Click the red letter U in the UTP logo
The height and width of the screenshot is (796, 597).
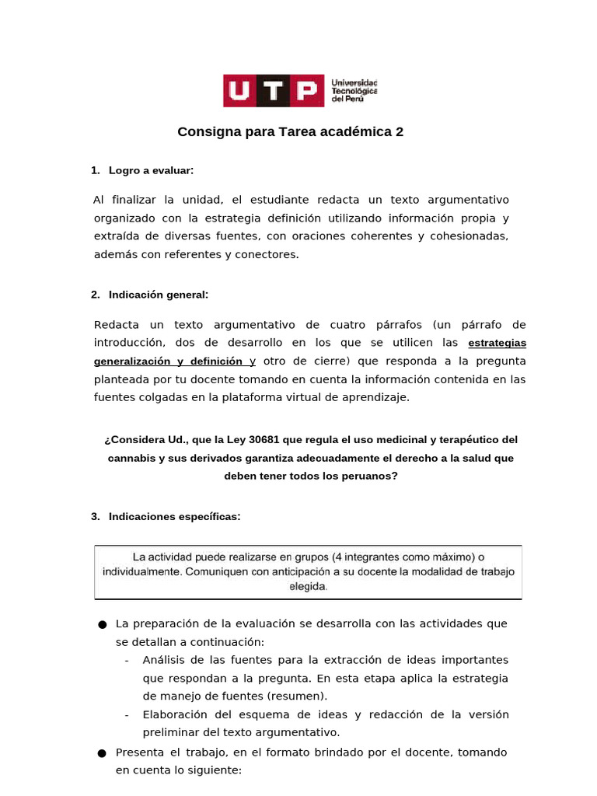point(240,91)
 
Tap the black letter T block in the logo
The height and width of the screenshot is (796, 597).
point(274,91)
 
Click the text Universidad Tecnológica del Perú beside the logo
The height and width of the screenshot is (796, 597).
point(354,91)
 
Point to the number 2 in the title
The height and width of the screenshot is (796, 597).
point(400,132)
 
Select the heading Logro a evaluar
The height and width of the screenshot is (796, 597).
point(151,170)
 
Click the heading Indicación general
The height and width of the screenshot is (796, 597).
point(159,295)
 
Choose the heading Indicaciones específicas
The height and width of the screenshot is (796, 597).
point(174,516)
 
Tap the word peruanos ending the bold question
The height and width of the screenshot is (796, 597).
point(367,477)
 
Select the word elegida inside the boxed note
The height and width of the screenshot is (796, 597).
point(308,587)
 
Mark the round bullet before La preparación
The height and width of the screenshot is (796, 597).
point(101,625)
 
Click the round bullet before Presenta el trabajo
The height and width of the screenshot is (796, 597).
point(101,753)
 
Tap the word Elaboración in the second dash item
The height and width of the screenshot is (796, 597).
point(176,714)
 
